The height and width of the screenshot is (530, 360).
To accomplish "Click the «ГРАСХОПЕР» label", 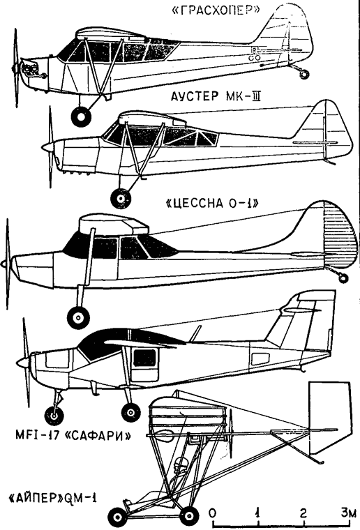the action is point(215,11).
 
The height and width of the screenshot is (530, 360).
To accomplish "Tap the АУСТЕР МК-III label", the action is point(216,97).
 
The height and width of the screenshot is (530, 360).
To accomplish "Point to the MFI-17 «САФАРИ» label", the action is point(73,434).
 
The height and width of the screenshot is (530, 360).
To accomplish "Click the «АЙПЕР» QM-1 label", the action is point(52,498).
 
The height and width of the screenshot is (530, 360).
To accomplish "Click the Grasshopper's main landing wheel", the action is point(81,116).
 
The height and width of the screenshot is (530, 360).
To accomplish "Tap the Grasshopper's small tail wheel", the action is point(304,74).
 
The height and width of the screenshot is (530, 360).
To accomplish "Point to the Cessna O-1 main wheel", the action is point(78,318).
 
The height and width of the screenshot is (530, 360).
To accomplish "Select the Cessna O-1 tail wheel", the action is point(343,278).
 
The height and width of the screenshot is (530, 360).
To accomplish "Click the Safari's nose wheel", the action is point(54,415).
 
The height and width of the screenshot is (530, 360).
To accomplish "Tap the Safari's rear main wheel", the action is point(131,412).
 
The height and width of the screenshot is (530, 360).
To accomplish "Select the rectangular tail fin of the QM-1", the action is point(329,418).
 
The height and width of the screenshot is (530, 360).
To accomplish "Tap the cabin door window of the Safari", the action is point(144,358).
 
